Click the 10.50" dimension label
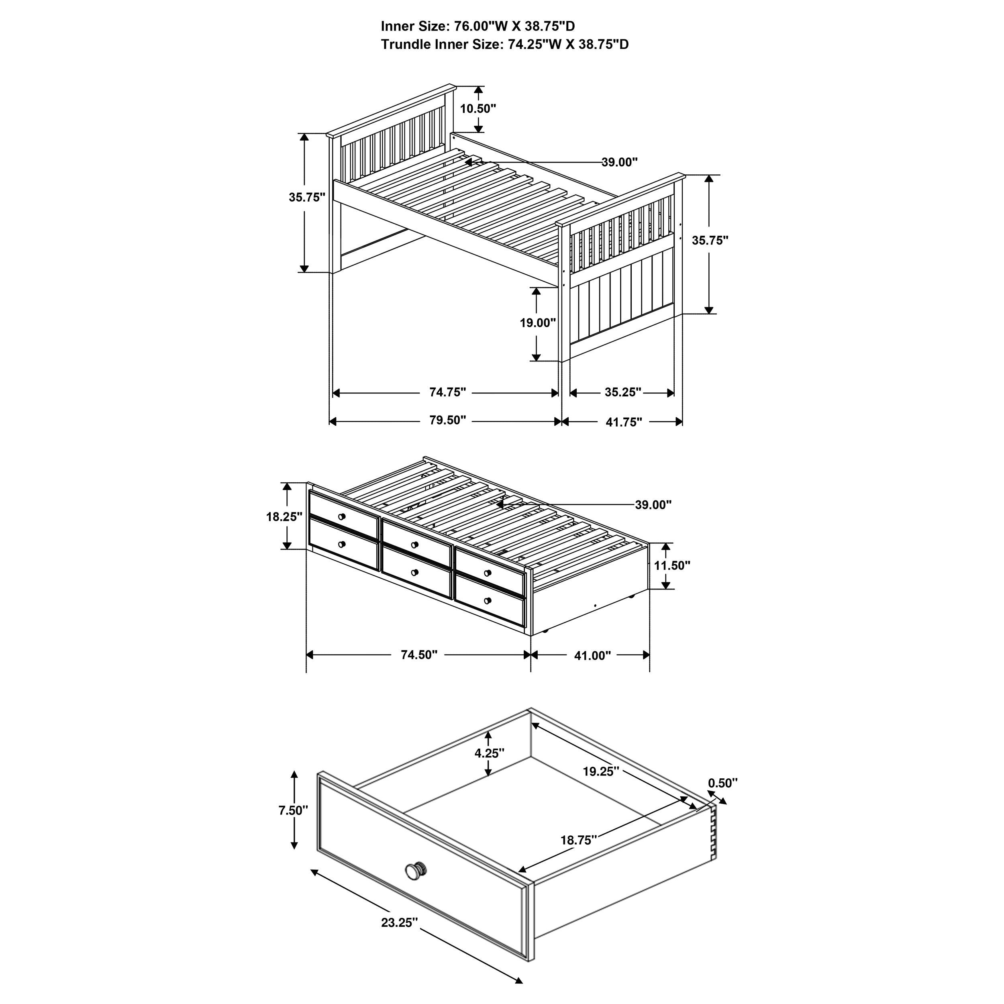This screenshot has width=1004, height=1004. click(478, 108)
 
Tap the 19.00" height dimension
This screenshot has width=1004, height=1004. click(538, 323)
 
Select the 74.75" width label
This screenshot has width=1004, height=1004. click(447, 392)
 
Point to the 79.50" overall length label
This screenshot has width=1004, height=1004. click(447, 420)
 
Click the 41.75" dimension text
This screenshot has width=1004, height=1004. click(624, 422)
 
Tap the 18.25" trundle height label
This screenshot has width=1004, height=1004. click(284, 516)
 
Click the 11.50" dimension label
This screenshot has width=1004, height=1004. click(672, 565)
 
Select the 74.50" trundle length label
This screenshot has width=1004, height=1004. click(419, 655)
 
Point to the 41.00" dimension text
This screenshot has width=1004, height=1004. click(592, 656)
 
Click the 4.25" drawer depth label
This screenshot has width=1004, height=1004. click(490, 753)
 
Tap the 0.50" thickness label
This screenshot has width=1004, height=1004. click(723, 783)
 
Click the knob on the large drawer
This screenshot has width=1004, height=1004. click(415, 870)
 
